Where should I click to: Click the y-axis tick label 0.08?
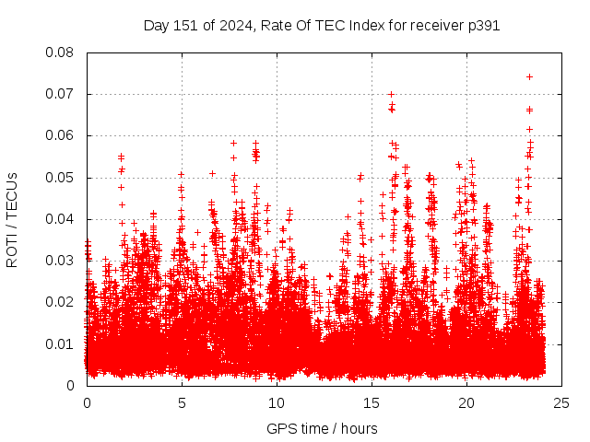point(60,52)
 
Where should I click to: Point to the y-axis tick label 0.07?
point(60,94)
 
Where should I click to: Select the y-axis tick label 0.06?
point(60,135)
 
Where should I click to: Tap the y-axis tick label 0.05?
point(60,177)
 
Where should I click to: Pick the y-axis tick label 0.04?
point(60,219)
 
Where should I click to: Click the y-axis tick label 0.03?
point(60,261)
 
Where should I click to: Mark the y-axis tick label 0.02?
point(60,302)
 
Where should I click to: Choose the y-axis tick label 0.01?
point(60,343)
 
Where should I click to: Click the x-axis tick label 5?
point(182,402)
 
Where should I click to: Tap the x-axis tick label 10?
point(277,402)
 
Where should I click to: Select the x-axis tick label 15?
point(372,402)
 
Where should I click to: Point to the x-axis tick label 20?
point(466,402)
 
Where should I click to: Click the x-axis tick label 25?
point(561,402)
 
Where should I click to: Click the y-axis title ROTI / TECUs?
point(12,219)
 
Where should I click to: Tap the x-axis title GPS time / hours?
point(322,428)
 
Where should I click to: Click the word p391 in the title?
point(483,25)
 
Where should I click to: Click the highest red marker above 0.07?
point(529,76)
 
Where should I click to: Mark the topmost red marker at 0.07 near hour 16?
point(391,94)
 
